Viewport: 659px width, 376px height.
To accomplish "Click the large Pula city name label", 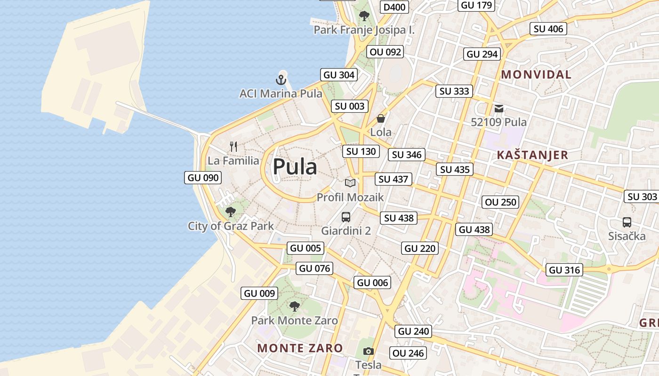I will coord(295,167).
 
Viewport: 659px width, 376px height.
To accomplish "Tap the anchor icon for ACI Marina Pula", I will coord(281,79).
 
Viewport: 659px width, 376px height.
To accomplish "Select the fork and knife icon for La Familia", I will coord(233,146).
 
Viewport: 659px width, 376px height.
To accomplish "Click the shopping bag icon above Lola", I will coord(381,118).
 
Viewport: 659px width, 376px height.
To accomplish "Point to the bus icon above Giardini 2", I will coord(346,217).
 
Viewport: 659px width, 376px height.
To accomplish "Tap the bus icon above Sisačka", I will coord(627,222).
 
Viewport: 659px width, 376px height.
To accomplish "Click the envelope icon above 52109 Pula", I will coord(499,109).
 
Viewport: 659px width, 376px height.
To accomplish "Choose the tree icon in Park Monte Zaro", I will coord(294,306).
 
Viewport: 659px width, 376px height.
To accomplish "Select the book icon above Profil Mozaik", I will coord(350,183).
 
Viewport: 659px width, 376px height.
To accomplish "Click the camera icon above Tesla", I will coord(369,351).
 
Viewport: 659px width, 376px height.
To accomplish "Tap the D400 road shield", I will coord(394,7).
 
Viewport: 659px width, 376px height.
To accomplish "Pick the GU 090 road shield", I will coord(203,178).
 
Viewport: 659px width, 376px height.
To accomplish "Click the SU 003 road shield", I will coord(350,106).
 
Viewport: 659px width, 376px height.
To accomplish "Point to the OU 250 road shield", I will coord(501,202).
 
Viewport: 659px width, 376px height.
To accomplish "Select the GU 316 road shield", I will coord(565,270).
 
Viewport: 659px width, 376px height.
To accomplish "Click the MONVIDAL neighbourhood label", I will coord(536,74).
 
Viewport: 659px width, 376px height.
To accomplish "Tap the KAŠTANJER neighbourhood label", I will coord(532,155).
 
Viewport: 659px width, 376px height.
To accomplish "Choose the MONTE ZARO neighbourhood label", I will coord(300,348).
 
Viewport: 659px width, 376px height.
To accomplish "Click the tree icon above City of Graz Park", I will coord(231,211).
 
